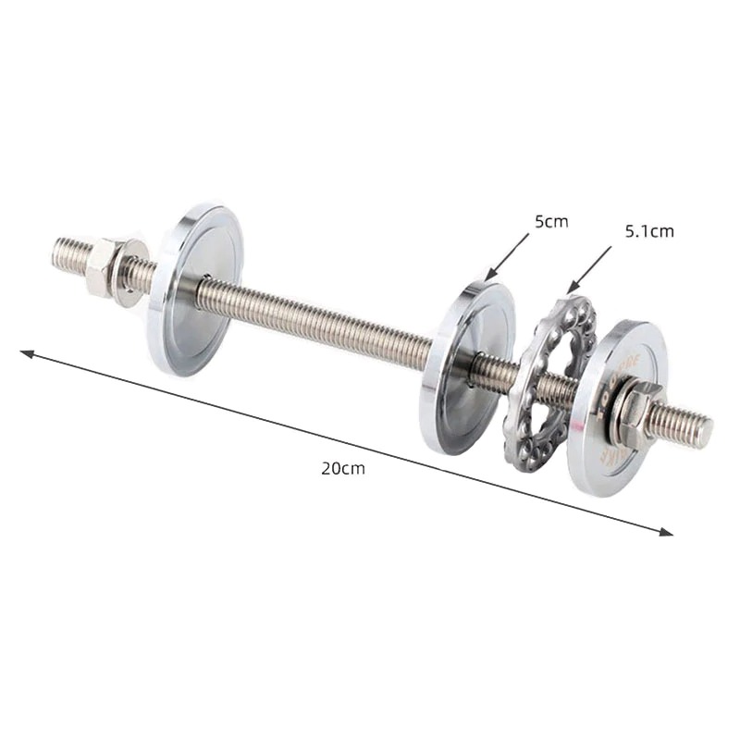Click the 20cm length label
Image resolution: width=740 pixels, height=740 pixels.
(x=343, y=468)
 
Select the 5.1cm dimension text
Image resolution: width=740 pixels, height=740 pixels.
(x=649, y=231)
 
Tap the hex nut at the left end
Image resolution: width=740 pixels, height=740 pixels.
(x=102, y=266)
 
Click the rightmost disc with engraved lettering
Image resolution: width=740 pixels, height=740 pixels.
(x=606, y=407)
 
